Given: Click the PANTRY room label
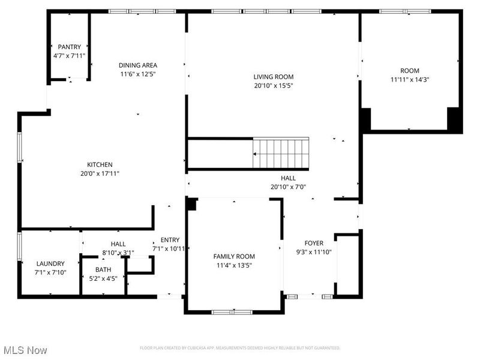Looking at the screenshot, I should pos(69,47).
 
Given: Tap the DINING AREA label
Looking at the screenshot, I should pos(137,65).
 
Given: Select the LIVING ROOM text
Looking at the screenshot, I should pos(273,77).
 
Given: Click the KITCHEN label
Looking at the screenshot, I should pos(100,164).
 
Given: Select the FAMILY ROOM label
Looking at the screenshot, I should pos(234,256).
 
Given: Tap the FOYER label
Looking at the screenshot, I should pos(314,243).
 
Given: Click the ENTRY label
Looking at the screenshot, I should pos(170,240).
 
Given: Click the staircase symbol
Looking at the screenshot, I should pos(281,153).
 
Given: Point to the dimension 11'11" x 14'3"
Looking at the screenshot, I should pos(410,79).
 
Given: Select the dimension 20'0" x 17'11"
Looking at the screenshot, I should pos(100,173).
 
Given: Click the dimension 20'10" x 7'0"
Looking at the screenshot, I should pos(288,187).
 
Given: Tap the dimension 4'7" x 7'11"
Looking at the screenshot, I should pos(69,56).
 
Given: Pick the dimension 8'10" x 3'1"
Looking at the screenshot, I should pos(118,253).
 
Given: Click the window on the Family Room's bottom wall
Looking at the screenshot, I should pos(232,311).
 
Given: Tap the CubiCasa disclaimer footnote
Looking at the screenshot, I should pos(240,348).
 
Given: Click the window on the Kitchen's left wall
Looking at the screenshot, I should pos(20,147).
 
